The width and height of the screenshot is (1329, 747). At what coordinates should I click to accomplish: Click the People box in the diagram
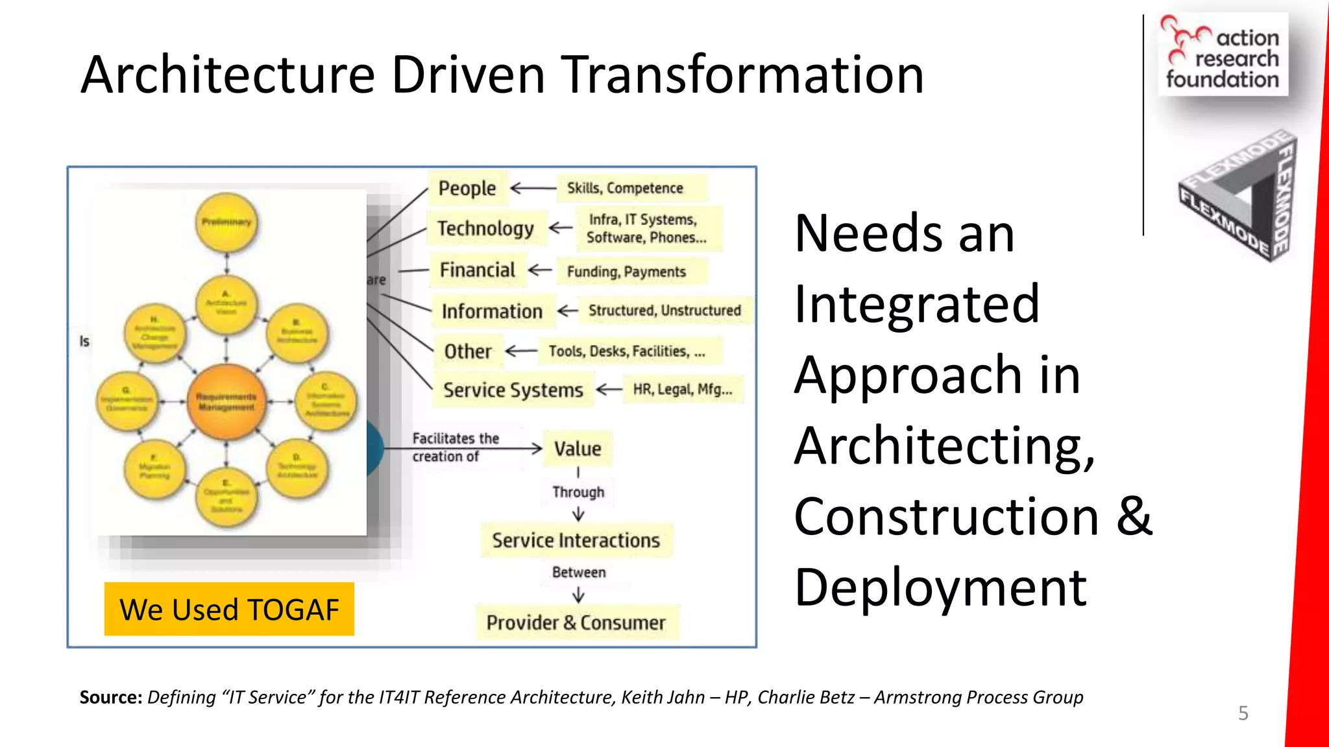(467, 188)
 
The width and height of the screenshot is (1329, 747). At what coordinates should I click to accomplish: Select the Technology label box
(485, 228)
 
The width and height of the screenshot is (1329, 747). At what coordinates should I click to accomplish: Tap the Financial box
(477, 270)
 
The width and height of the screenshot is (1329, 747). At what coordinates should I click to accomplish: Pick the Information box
(492, 311)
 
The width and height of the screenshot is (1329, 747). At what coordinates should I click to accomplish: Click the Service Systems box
(513, 390)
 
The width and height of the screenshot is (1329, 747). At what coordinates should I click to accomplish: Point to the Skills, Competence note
(625, 188)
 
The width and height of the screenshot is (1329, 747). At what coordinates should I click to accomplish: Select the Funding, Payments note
(626, 272)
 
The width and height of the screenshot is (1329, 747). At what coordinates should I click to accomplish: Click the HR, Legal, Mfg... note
(682, 389)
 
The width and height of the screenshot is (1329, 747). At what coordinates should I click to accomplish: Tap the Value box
(578, 449)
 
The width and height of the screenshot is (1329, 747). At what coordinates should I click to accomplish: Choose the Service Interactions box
(576, 540)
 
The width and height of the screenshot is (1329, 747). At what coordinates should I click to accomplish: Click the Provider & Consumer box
(576, 622)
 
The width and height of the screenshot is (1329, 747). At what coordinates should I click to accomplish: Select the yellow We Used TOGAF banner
(229, 610)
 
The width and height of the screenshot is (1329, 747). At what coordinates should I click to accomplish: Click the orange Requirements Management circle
(226, 402)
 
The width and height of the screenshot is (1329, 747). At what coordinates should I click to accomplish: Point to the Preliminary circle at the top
(226, 222)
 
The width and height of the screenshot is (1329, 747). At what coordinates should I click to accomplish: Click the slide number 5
(1243, 713)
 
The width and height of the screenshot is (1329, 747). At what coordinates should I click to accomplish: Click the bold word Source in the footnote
(110, 697)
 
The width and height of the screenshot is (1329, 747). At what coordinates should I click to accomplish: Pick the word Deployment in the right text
(940, 587)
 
